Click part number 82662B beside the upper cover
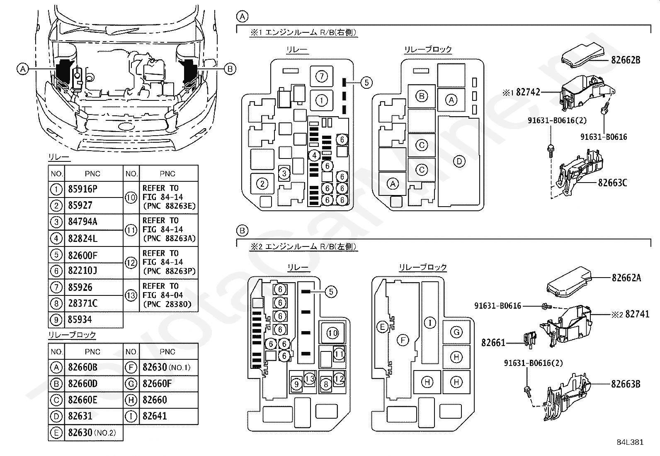pyautogui.click(x=626, y=60)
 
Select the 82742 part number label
pyautogui.click(x=528, y=93)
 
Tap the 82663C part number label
pyautogui.click(x=613, y=183)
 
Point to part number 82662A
pyautogui.click(x=626, y=278)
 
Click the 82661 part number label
pyautogui.click(x=493, y=343)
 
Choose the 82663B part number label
pyautogui.click(x=626, y=384)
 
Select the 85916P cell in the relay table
pyautogui.click(x=82, y=189)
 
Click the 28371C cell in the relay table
pyautogui.click(x=82, y=303)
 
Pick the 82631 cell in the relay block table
pyautogui.click(x=80, y=416)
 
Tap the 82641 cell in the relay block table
pyautogui.click(x=155, y=416)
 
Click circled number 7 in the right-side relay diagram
pyautogui.click(x=321, y=77)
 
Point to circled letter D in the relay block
pyautogui.click(x=459, y=161)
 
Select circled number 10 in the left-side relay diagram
pyautogui.click(x=332, y=333)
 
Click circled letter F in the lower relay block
pyautogui.click(x=403, y=340)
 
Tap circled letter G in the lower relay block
pyautogui.click(x=456, y=332)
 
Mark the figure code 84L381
pyautogui.click(x=630, y=442)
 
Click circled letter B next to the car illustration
pyautogui.click(x=230, y=69)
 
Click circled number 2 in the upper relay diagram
pyautogui.click(x=262, y=184)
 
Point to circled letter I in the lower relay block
pyautogui.click(x=430, y=323)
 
